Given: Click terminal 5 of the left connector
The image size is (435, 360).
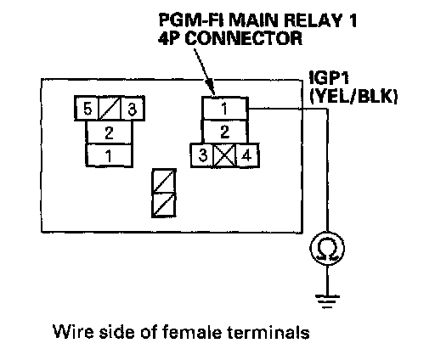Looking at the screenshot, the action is click(x=87, y=109).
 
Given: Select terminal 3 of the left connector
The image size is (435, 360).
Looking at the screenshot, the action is click(x=133, y=109).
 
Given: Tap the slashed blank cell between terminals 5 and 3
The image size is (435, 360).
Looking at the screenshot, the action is click(x=110, y=109).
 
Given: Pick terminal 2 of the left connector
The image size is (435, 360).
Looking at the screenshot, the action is click(x=109, y=132).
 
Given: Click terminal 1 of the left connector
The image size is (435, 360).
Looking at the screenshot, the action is click(x=109, y=155).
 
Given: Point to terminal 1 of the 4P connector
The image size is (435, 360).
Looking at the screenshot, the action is click(x=225, y=109).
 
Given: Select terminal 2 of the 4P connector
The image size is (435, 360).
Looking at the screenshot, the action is click(x=225, y=132).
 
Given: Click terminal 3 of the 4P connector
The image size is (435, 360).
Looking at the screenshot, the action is click(x=202, y=155).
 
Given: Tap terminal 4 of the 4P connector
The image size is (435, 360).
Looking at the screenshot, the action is click(x=247, y=155).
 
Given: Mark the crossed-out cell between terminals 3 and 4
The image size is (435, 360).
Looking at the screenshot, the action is click(x=225, y=155).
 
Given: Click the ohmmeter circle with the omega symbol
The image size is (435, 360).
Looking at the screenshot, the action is click(x=327, y=249).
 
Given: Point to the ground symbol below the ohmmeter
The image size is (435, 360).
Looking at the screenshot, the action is click(x=327, y=301).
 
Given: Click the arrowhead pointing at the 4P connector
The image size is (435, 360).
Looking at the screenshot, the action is click(x=210, y=87).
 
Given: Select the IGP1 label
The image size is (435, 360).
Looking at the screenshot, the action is click(x=329, y=77).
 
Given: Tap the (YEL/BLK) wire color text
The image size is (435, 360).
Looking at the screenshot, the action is click(x=353, y=97).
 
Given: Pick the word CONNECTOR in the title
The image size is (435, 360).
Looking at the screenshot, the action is click(x=244, y=38).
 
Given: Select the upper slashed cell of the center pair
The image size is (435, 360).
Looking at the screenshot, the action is click(x=164, y=181).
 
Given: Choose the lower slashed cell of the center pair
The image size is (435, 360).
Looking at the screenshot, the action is click(x=164, y=205).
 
